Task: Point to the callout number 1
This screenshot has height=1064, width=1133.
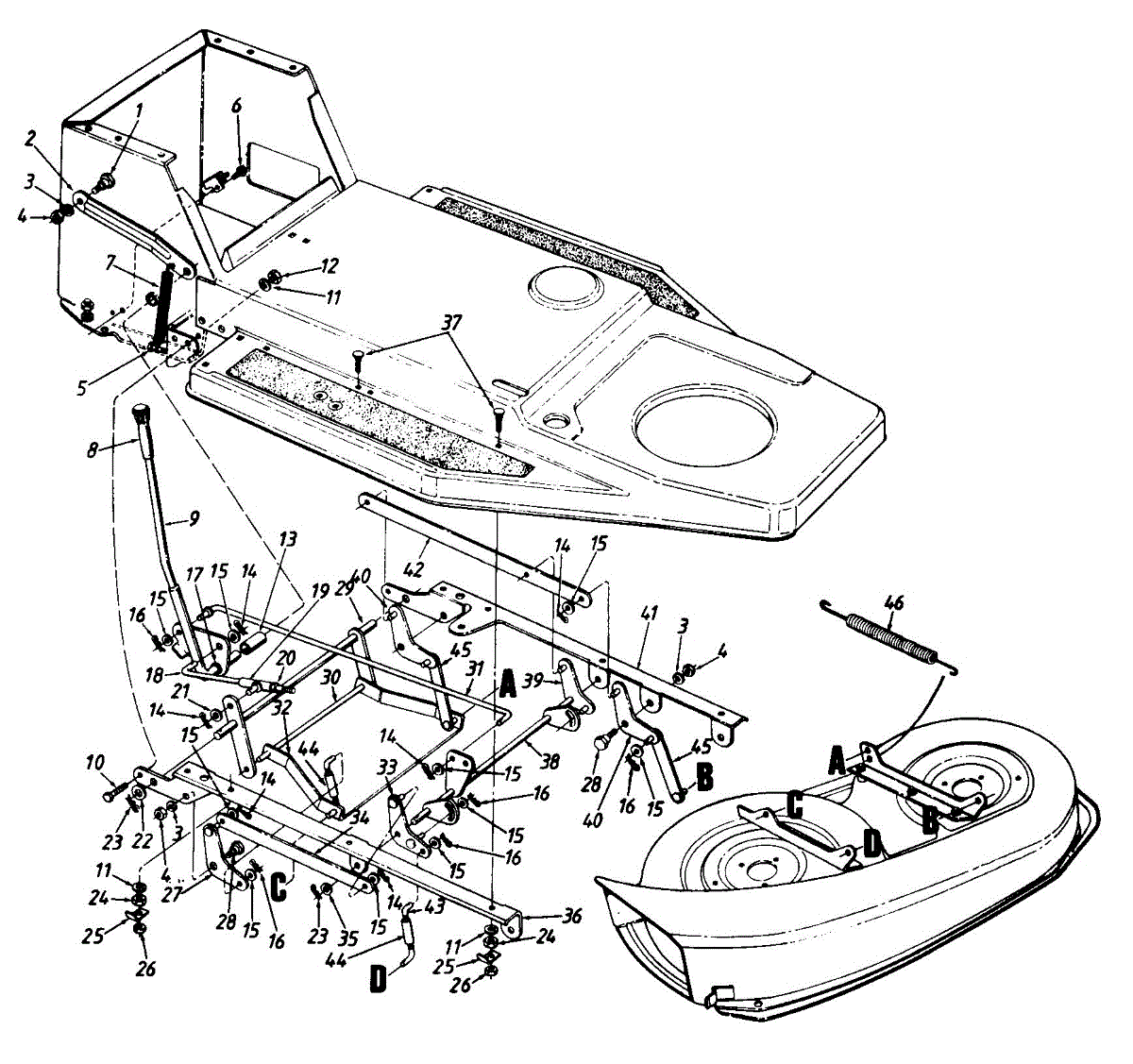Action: (139, 110)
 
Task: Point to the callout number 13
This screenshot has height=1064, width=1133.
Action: (287, 539)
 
